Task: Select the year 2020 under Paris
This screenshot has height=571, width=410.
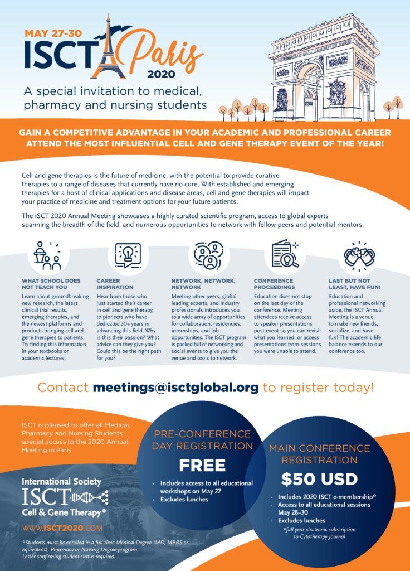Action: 162,74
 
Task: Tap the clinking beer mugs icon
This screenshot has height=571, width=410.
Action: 360,256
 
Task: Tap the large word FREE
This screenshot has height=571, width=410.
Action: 202,465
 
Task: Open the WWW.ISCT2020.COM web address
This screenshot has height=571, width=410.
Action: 62,528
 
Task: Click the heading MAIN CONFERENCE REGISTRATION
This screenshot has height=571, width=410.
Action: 319,454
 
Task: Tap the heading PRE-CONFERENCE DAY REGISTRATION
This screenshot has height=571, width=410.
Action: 202,440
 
